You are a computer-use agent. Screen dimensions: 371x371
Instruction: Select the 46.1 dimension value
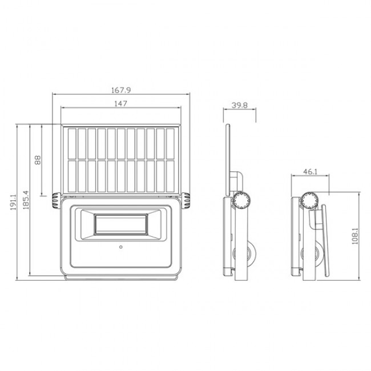pos(310,171)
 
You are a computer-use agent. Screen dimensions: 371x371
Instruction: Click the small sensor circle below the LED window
pos(122,248)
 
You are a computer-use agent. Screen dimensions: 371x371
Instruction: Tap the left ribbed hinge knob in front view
pos(54,199)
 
